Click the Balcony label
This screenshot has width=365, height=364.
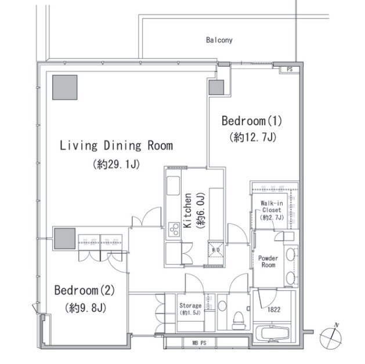point(219,40)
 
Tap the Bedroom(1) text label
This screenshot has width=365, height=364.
point(252,121)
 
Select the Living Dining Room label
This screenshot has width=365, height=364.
point(116,145)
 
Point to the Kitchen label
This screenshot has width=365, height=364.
point(187,210)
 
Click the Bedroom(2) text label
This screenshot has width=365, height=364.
point(85,290)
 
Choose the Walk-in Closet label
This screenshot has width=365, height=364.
point(272,207)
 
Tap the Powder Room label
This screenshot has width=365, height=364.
point(268,261)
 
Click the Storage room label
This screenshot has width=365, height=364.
point(190,305)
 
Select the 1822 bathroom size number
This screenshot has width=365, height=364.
point(274,310)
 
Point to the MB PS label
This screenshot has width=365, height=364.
point(199,343)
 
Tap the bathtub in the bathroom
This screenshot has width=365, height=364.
point(272,333)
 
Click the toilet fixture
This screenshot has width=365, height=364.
point(238,321)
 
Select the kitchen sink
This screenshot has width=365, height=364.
point(173,185)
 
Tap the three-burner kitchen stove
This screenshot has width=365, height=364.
point(174,230)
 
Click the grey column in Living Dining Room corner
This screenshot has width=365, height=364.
point(65,87)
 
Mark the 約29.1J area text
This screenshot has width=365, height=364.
point(116,165)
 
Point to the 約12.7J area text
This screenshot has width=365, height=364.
point(252,137)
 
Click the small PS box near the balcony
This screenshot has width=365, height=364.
point(290,70)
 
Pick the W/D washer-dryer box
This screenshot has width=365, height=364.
point(216,250)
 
